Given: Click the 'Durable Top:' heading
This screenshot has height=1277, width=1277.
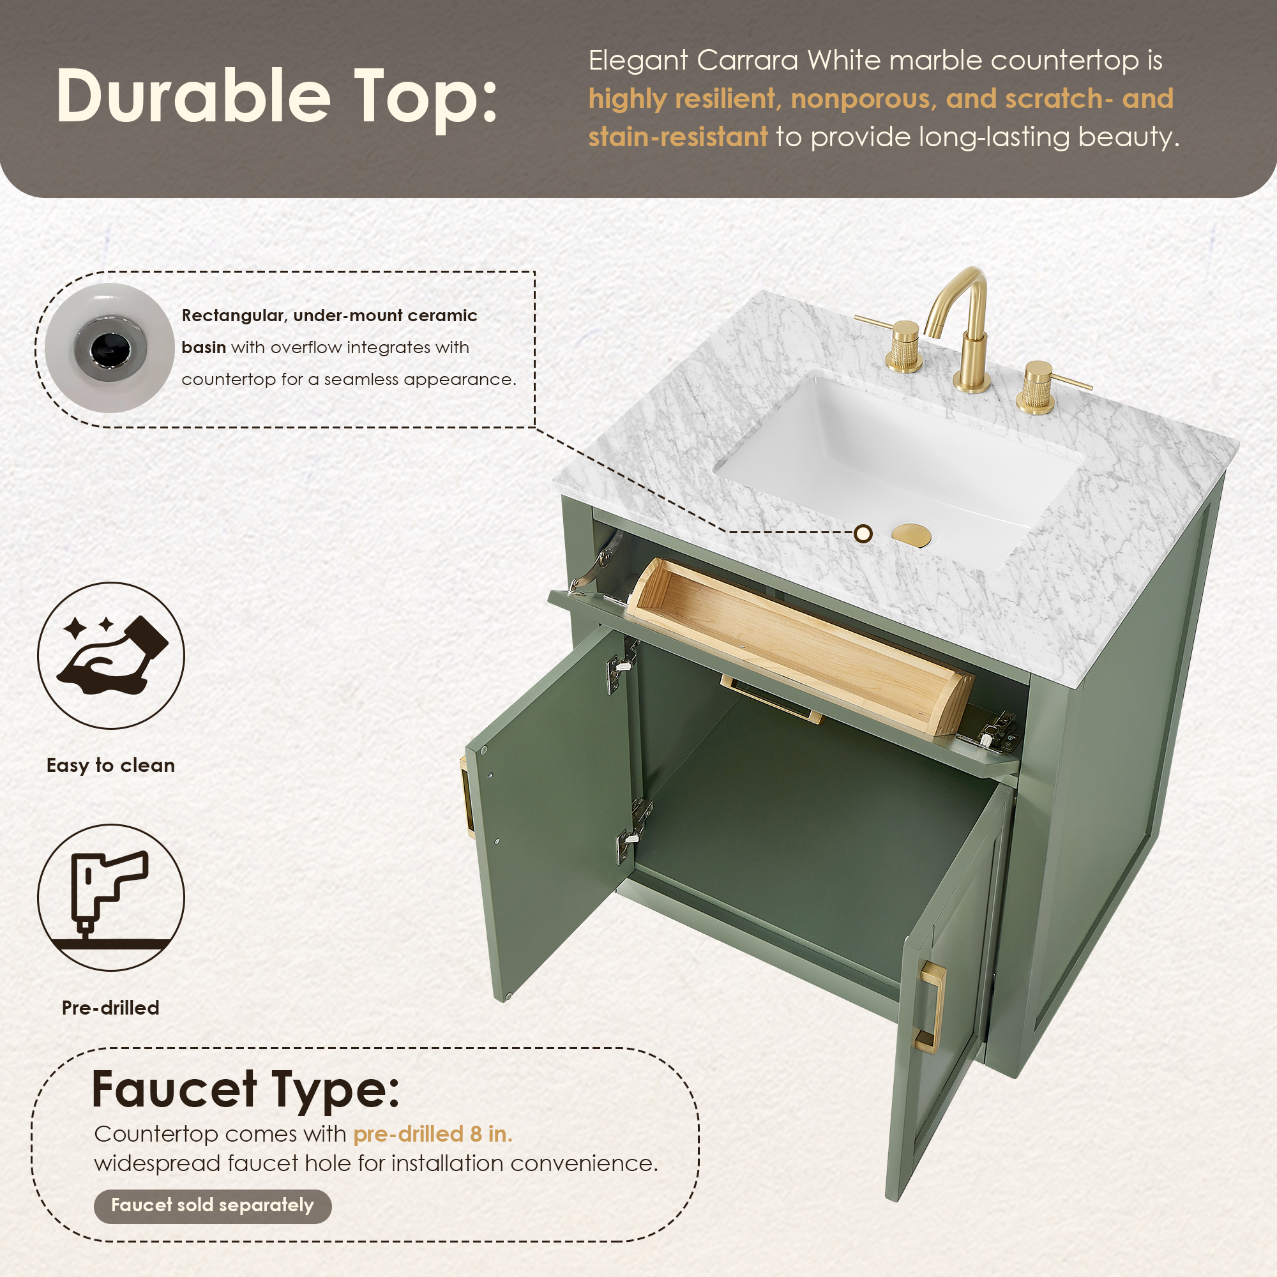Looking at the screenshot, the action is [276, 96].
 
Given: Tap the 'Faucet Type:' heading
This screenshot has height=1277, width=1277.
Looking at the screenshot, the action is [245, 1090].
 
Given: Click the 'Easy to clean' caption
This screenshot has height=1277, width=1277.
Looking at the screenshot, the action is [110, 766].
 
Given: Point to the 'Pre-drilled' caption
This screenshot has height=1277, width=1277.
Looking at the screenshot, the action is [110, 1008].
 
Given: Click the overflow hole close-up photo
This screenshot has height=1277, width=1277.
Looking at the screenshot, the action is [109, 349].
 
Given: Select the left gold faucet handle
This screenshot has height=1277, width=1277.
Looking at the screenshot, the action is [896, 343].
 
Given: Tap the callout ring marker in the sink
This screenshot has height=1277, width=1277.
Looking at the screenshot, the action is [863, 533].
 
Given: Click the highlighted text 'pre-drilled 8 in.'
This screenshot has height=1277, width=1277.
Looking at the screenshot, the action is [433, 1134].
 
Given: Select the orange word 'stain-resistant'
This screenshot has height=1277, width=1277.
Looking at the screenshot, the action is [678, 137].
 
